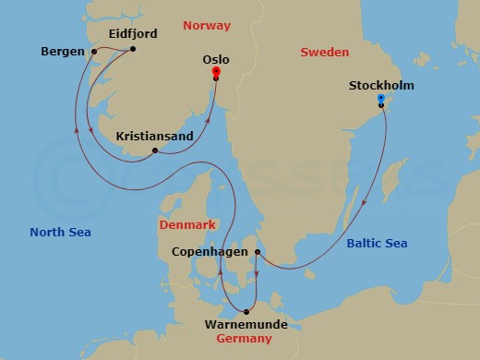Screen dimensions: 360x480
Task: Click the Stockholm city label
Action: point(381,86)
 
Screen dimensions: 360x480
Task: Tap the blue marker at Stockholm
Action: point(381,98)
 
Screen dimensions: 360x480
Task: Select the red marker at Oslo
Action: point(215,70)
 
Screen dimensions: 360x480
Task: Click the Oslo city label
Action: point(215,59)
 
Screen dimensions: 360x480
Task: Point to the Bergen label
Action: point(63,52)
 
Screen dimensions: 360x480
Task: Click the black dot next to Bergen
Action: point(94,52)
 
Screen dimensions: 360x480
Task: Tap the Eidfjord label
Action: point(133,33)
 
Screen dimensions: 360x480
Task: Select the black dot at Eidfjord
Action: point(134,49)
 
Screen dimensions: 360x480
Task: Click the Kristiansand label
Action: point(155,136)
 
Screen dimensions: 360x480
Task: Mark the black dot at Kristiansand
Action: point(155,150)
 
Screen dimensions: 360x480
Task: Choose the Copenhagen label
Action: point(211,251)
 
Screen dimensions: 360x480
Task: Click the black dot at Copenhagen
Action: point(258,251)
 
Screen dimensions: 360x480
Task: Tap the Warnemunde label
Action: point(246,325)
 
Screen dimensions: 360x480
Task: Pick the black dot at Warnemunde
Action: point(246,311)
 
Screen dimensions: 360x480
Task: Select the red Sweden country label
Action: point(324,52)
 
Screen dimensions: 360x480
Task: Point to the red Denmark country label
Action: point(187,224)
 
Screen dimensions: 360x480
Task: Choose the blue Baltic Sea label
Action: point(377,243)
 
